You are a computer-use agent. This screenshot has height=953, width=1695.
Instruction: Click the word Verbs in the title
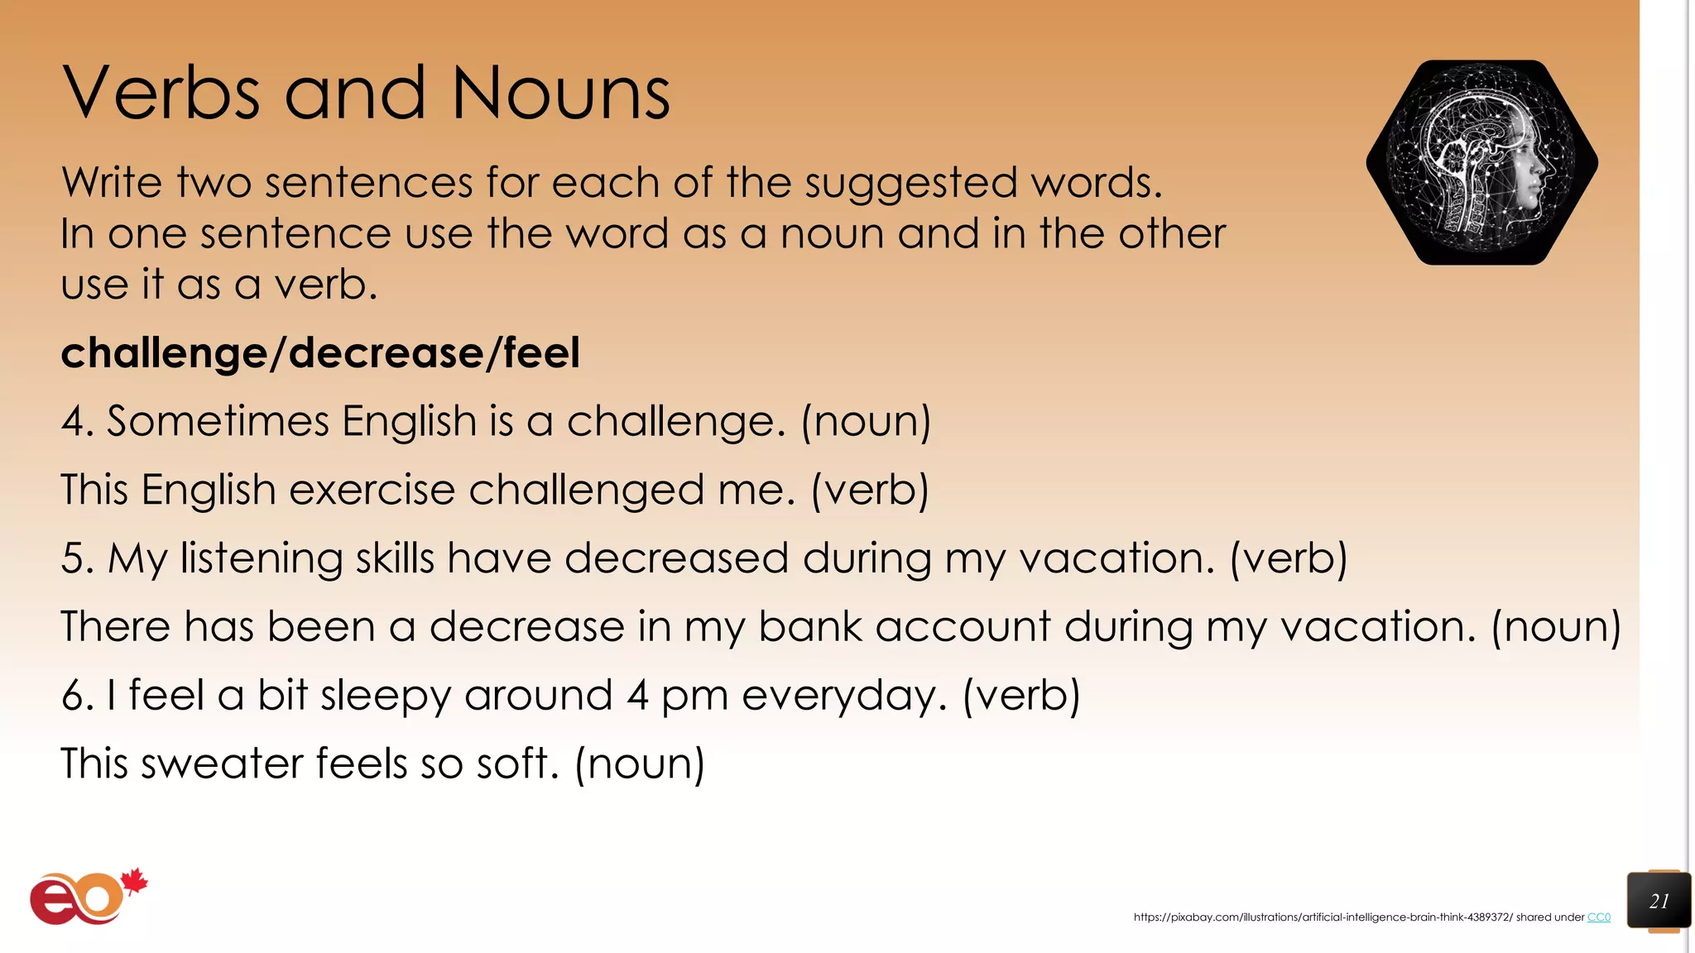point(161,93)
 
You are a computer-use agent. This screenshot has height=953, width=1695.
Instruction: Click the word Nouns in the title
point(560,93)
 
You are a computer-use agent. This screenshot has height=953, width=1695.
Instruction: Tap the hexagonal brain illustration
point(1481,162)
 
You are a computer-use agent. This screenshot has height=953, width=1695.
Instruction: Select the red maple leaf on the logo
point(134,882)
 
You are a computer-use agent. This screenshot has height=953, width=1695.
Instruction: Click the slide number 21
point(1659,901)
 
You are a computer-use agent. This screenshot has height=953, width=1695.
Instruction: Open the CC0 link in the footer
point(1598,917)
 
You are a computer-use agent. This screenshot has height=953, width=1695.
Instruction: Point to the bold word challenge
point(164,354)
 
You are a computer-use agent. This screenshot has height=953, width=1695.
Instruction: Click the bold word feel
point(541,353)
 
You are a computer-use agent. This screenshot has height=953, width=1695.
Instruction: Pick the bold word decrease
point(386,353)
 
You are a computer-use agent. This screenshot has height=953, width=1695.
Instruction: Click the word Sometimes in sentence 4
point(218,421)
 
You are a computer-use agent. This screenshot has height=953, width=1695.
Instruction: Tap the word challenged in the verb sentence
point(586,491)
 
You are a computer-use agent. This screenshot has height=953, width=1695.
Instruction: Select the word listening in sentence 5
point(261,559)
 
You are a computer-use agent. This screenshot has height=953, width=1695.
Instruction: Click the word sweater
point(221,764)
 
